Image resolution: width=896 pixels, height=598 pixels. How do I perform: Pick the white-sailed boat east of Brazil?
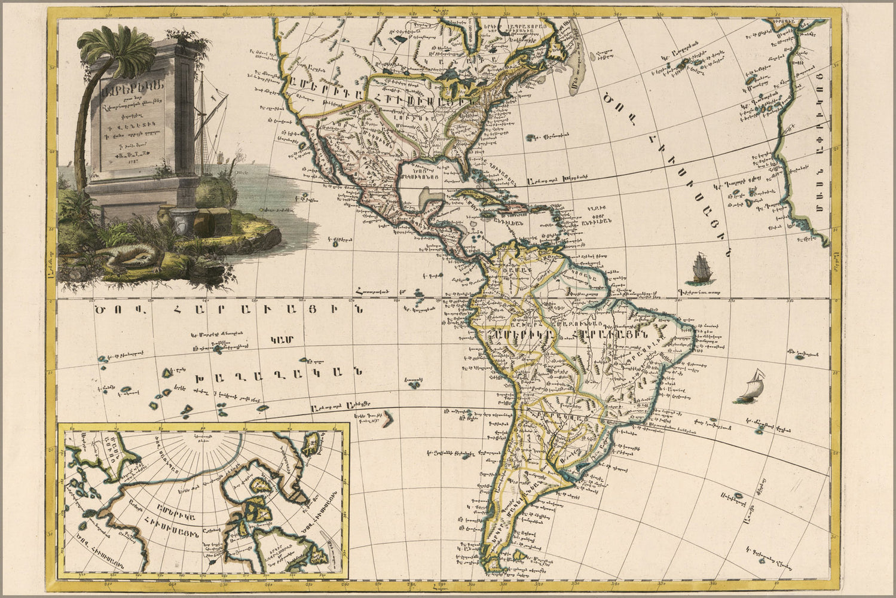click(752, 388)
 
